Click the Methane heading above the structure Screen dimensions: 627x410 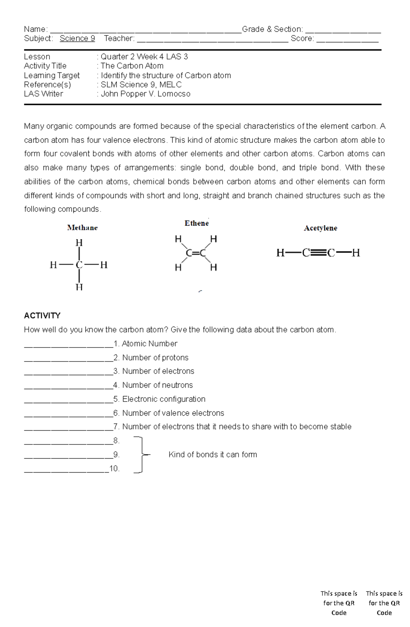(x=82, y=228)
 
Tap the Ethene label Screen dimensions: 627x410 (x=196, y=223)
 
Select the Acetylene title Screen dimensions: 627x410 (x=320, y=228)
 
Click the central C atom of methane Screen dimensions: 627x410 (x=79, y=265)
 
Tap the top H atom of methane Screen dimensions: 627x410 (x=79, y=243)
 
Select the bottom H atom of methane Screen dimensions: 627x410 (x=79, y=287)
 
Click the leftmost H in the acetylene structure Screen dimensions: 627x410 (x=280, y=253)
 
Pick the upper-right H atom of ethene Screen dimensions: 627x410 (x=214, y=239)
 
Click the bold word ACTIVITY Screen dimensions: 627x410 (x=42, y=315)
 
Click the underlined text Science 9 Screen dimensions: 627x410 (x=77, y=39)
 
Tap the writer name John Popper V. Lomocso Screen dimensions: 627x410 (x=146, y=94)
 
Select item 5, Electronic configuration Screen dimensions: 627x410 (x=164, y=399)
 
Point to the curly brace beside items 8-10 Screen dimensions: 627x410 (x=141, y=454)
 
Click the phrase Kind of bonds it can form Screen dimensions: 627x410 (x=213, y=454)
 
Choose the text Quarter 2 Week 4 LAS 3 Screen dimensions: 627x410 (x=144, y=57)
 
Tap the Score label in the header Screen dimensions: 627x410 (x=302, y=39)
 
